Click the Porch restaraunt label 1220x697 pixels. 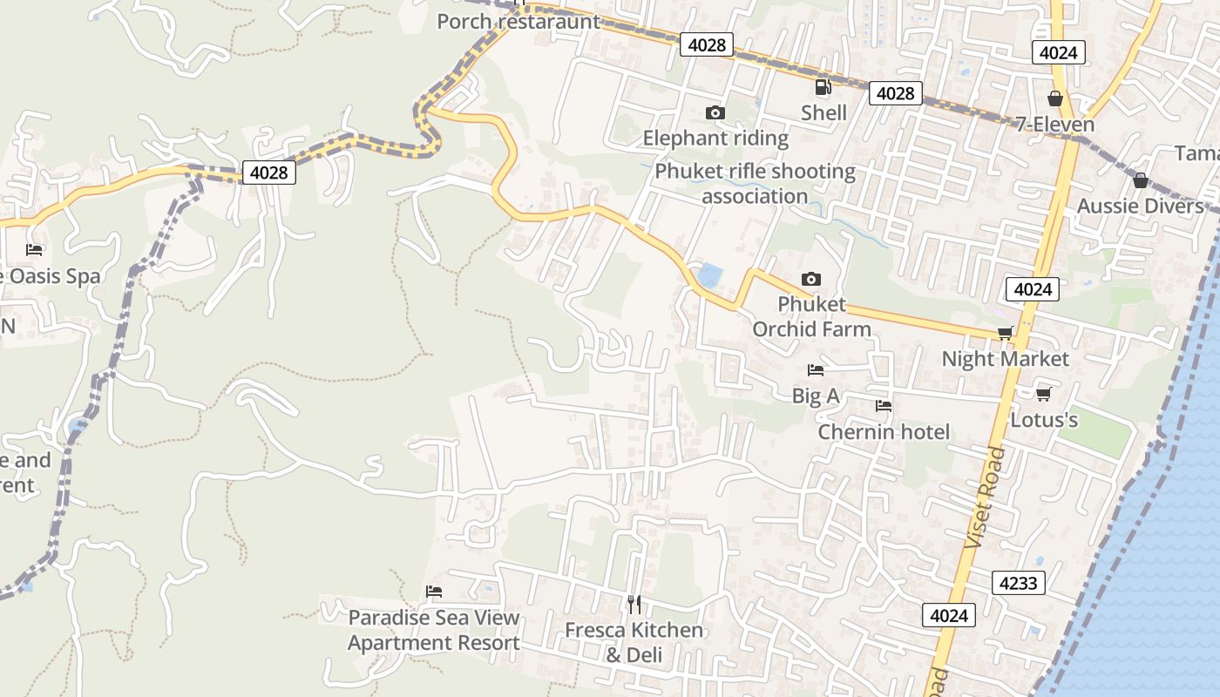(x=518, y=21)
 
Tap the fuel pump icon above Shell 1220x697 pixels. (x=823, y=87)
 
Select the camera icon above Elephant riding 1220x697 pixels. (x=715, y=112)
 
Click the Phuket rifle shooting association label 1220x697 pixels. (x=755, y=183)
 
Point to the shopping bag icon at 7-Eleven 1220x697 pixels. (x=1054, y=98)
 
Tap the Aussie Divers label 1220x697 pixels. (x=1140, y=206)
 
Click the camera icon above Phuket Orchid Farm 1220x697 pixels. (x=810, y=279)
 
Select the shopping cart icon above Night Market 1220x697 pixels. (x=1005, y=333)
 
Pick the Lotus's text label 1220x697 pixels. (x=1043, y=420)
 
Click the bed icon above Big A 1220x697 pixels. (x=815, y=370)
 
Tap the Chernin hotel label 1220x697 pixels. (x=884, y=432)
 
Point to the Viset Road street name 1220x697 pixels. (x=986, y=497)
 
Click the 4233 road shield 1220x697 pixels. (x=1018, y=583)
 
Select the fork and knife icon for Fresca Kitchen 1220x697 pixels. (x=634, y=604)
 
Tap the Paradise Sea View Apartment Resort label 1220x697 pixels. (x=434, y=630)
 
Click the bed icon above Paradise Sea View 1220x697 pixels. (x=434, y=592)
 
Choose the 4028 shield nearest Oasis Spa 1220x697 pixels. (x=268, y=173)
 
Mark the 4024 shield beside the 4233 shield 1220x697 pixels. (x=948, y=615)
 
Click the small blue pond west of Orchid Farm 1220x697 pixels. (x=709, y=275)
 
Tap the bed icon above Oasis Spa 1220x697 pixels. (x=34, y=250)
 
